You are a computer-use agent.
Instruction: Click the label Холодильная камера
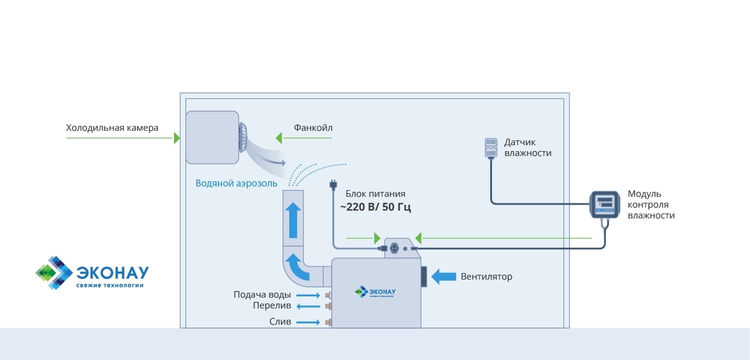click(x=112, y=128)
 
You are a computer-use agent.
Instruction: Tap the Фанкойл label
click(x=313, y=128)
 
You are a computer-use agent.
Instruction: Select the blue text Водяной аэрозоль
click(x=236, y=183)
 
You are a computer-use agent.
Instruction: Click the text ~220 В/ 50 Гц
click(x=376, y=208)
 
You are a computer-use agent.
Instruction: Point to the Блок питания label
click(x=376, y=194)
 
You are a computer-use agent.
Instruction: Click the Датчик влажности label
click(x=527, y=148)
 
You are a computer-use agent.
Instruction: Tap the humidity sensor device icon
click(x=491, y=148)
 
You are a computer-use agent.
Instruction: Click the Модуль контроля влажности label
click(x=651, y=204)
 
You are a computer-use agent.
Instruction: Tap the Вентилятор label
click(x=487, y=277)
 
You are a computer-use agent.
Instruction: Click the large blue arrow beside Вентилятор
click(x=443, y=276)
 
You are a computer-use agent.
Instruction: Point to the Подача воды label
click(x=262, y=295)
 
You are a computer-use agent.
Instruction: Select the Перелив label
click(x=272, y=306)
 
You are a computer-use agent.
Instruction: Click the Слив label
click(x=280, y=322)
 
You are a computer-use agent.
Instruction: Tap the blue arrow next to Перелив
click(x=308, y=306)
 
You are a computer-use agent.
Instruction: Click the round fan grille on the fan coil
click(x=243, y=139)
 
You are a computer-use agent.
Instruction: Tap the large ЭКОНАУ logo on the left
click(x=92, y=274)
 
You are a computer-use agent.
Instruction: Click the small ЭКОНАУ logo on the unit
click(x=376, y=291)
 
